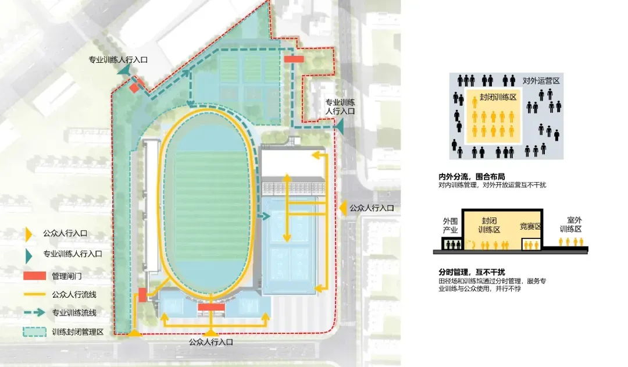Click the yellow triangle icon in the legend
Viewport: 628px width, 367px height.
click(x=28, y=234)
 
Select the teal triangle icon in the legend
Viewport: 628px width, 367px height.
click(x=28, y=254)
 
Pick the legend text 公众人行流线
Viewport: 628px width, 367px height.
click(x=74, y=294)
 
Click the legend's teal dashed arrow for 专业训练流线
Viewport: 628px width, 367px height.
click(x=35, y=312)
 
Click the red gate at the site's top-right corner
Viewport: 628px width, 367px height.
click(x=294, y=59)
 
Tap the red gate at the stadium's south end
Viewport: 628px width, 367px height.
click(x=210, y=307)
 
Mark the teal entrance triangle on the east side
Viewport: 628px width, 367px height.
click(x=339, y=126)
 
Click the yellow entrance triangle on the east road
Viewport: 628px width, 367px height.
click(x=343, y=208)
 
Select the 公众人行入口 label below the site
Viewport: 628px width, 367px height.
click(x=210, y=343)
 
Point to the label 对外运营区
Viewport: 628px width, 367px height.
click(x=541, y=81)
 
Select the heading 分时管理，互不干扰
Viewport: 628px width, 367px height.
click(x=472, y=272)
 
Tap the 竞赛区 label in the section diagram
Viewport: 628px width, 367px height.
click(x=530, y=226)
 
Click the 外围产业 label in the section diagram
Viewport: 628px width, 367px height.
click(x=451, y=226)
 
